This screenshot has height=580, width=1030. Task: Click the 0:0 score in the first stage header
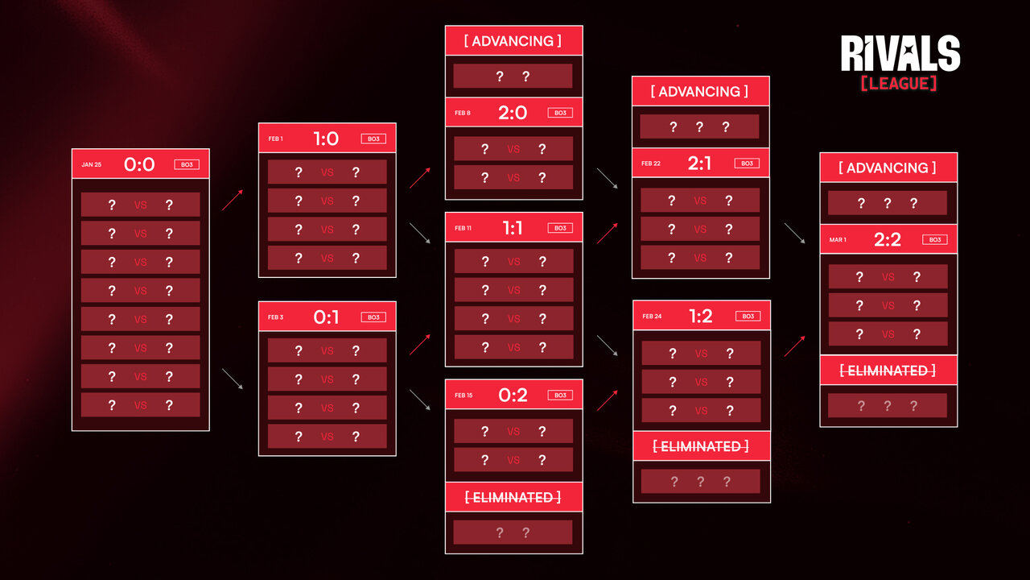[x=139, y=164]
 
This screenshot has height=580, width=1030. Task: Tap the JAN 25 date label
[x=91, y=164]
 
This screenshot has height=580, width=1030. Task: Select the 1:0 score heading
[x=326, y=139]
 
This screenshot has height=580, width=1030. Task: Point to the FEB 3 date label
[x=275, y=317]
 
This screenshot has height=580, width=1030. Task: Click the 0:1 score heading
[x=326, y=317]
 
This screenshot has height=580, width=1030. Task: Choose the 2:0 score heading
[x=513, y=113]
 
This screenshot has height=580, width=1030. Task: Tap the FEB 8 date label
[x=463, y=113]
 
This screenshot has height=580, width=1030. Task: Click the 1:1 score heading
[x=513, y=228]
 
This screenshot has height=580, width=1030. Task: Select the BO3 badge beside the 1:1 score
[x=560, y=228]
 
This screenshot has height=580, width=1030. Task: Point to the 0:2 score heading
[x=513, y=395]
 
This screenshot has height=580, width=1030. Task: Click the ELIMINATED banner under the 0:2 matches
[x=513, y=497]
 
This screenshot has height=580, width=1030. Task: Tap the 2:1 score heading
[x=699, y=163]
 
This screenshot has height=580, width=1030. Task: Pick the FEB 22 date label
[x=651, y=164]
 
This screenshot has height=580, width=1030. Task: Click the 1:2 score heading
[x=701, y=316]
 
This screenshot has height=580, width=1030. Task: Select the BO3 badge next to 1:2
[x=748, y=317]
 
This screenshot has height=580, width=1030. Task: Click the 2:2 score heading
[x=888, y=239]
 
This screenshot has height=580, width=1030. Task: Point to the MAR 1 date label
[x=838, y=240]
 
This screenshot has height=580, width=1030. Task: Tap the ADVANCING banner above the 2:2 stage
[x=888, y=168]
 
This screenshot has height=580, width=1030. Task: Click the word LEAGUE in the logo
[x=899, y=83]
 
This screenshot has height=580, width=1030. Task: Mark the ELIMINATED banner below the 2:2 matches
[x=888, y=371]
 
